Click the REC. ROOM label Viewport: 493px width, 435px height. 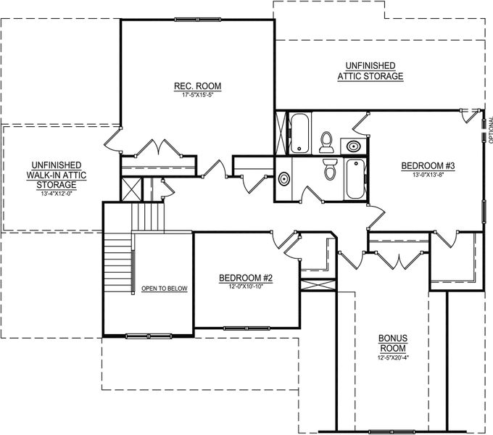(x=197, y=86)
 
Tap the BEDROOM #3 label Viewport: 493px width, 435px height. (x=428, y=166)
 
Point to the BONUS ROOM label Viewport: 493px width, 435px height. (x=392, y=343)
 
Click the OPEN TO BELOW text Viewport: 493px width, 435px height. (x=164, y=289)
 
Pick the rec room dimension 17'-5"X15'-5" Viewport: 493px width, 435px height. (x=197, y=95)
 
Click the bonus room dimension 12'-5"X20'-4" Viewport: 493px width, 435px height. (x=392, y=357)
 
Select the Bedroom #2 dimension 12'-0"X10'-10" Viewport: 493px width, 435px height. (x=245, y=286)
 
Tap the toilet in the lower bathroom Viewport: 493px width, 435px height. (x=331, y=170)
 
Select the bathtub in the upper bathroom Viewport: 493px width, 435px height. (x=299, y=133)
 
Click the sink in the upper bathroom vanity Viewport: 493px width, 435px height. (x=353, y=145)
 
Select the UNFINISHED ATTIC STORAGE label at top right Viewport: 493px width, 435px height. (x=370, y=71)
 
